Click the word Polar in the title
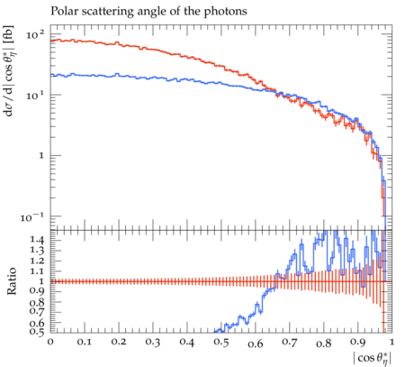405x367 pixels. [x=63, y=11]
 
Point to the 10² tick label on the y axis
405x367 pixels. [x=35, y=34]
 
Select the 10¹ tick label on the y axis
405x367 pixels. [x=35, y=96]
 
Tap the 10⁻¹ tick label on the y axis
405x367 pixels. [x=32, y=216]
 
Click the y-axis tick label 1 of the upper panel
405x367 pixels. [x=41, y=156]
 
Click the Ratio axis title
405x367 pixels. [x=11, y=281]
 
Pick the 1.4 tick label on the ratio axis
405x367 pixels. [x=37, y=240]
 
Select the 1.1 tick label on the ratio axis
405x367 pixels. [x=37, y=271]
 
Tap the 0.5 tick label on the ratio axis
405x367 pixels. [x=37, y=332]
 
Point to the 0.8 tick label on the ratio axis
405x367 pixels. [x=37, y=301]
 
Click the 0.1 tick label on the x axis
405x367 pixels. [x=85, y=343]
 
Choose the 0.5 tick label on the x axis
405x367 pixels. [x=221, y=343]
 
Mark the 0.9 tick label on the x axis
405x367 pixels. [x=358, y=343]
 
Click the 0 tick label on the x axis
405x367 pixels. [x=50, y=342]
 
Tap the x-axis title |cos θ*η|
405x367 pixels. [x=373, y=358]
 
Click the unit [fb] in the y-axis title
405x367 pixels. [x=9, y=32]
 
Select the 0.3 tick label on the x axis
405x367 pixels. [x=153, y=343]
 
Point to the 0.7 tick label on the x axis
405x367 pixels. [x=290, y=343]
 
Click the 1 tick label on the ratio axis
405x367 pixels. [x=41, y=281]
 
